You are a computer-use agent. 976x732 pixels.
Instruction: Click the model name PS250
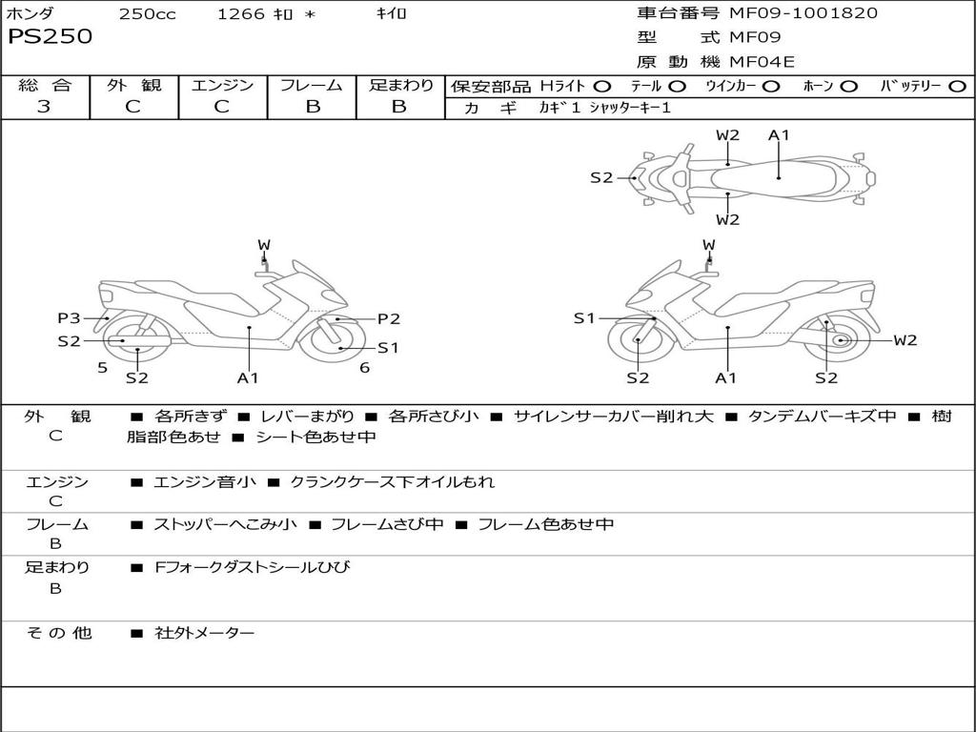tap(50, 37)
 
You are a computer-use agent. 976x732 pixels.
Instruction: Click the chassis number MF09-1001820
tap(803, 13)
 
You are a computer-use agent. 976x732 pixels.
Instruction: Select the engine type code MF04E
tap(762, 62)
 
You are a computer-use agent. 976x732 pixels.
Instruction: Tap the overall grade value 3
tap(44, 107)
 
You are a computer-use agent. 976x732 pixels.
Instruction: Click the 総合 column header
tap(45, 85)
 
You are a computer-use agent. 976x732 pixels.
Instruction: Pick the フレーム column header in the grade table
tap(312, 85)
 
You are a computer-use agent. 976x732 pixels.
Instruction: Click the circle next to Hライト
tap(602, 87)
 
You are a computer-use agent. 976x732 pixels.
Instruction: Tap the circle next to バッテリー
tap(957, 87)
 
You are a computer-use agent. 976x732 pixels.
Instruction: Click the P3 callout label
tap(69, 318)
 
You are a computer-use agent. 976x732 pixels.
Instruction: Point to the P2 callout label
tap(389, 318)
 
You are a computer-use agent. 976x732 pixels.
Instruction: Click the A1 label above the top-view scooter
tap(779, 135)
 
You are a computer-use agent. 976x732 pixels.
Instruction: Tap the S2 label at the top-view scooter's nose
tap(602, 178)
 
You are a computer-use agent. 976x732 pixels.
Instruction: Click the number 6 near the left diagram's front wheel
tap(365, 368)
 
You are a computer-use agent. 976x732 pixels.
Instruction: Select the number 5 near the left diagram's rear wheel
tap(103, 368)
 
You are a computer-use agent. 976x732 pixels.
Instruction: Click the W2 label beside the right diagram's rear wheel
tap(905, 340)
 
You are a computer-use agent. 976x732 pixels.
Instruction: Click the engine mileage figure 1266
tap(241, 13)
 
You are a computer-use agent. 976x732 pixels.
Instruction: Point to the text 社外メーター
tap(205, 633)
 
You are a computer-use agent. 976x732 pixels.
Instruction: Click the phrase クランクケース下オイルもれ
tap(392, 481)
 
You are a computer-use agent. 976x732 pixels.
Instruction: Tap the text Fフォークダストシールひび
tap(253, 567)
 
